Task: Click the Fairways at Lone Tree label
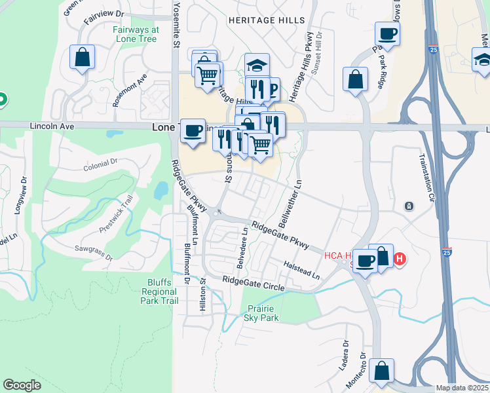click(x=136, y=34)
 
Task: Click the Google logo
click(x=22, y=385)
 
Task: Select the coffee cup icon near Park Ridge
click(x=386, y=33)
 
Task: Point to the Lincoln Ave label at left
click(x=52, y=125)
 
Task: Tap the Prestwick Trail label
click(x=116, y=212)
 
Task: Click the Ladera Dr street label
click(x=343, y=354)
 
